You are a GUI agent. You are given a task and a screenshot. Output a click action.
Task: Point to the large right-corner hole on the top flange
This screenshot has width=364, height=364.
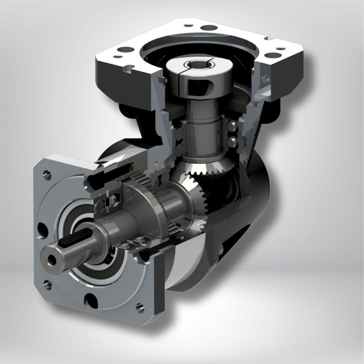271,55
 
